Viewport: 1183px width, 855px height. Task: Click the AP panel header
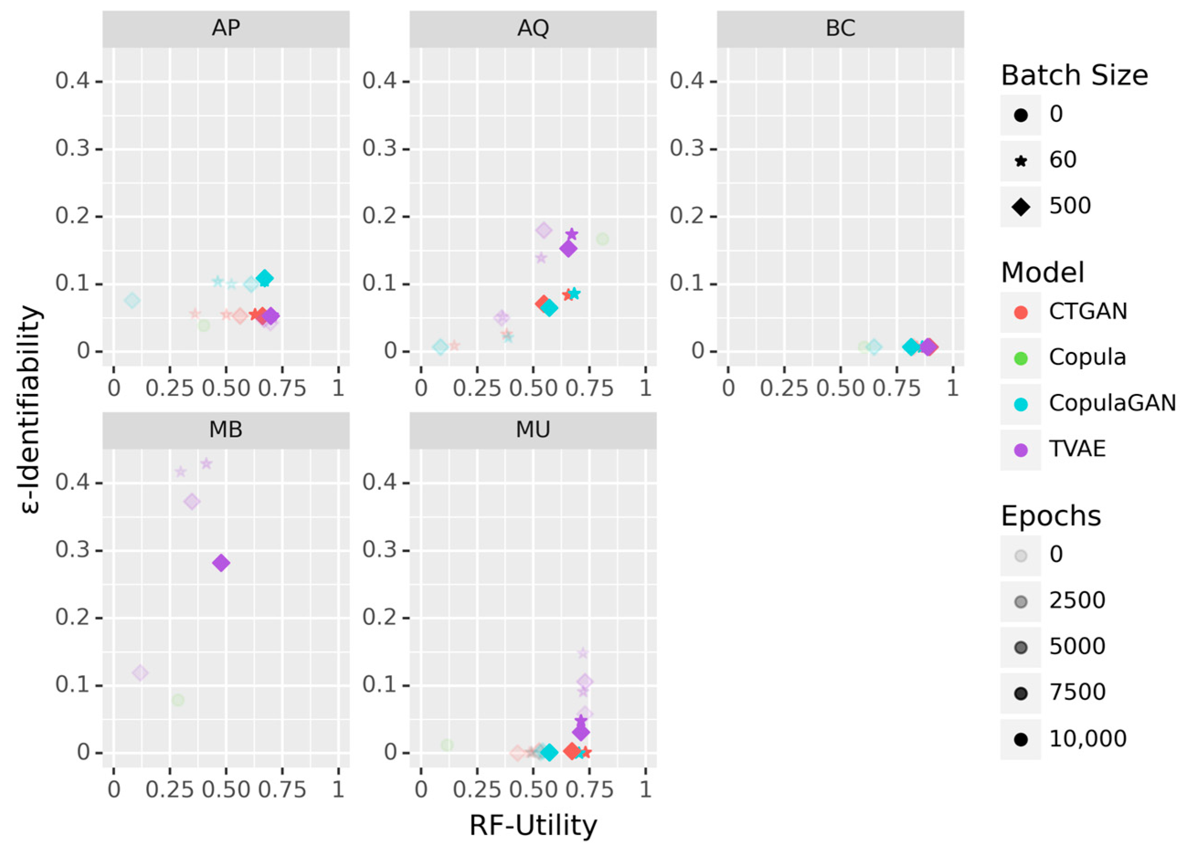pos(226,28)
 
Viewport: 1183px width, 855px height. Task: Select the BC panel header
pos(840,28)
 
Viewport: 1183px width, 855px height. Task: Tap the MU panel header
pos(533,430)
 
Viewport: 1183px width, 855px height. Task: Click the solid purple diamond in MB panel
pos(221,562)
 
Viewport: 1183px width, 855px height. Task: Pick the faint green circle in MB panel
pos(178,700)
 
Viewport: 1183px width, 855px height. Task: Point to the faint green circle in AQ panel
pos(602,239)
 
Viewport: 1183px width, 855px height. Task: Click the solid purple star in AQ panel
pos(572,234)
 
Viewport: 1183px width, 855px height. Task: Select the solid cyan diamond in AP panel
pos(265,278)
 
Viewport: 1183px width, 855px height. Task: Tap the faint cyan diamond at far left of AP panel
pos(132,300)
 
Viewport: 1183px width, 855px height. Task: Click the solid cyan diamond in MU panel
pos(549,752)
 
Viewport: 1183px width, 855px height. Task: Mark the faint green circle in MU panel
pos(447,745)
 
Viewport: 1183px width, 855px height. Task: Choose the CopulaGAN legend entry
pos(1112,403)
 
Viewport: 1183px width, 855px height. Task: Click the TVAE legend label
pos(1077,449)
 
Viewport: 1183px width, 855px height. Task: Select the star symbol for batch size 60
pos(1021,161)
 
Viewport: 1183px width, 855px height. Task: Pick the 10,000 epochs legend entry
pos(1088,739)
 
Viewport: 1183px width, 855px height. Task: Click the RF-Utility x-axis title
pos(533,826)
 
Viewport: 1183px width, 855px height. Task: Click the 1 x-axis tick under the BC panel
pos(952,388)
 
